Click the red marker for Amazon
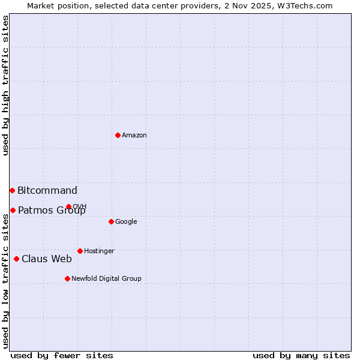(x=118, y=135)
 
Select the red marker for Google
(x=111, y=221)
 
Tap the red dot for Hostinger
(x=80, y=251)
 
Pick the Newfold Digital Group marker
(x=67, y=278)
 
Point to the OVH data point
(x=68, y=206)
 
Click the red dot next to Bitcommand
(x=12, y=190)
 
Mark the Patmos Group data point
(x=13, y=210)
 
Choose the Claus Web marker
(x=16, y=259)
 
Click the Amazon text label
(x=134, y=136)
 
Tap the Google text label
(x=126, y=222)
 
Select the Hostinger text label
(x=99, y=251)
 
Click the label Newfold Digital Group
(x=106, y=279)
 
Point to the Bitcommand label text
(x=47, y=191)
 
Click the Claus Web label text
(x=47, y=259)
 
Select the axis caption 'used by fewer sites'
(x=62, y=355)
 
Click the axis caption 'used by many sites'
(x=301, y=355)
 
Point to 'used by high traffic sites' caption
(x=5, y=85)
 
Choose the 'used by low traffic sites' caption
(x=5, y=281)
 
